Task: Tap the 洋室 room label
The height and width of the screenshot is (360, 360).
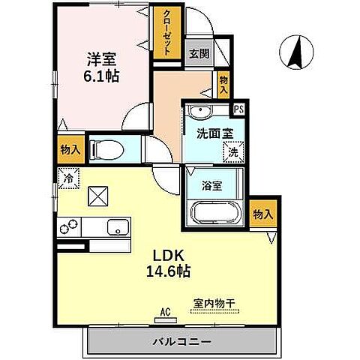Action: (102, 58)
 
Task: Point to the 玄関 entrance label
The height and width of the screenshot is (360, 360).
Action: (199, 53)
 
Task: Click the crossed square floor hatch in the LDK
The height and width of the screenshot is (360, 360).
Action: (98, 197)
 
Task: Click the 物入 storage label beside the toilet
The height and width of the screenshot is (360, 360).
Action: (70, 149)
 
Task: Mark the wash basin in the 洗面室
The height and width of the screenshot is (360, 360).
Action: (200, 112)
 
